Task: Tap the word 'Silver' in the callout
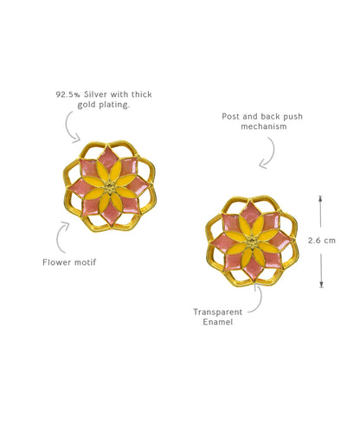95,94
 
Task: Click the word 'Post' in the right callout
231,116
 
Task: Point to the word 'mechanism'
264,126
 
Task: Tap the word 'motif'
86,262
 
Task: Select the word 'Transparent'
217,312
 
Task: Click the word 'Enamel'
217,322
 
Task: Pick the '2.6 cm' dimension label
322,241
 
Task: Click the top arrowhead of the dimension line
320,197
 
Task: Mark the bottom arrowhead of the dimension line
321,285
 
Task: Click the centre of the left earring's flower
110,189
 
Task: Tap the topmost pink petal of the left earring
107,158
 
